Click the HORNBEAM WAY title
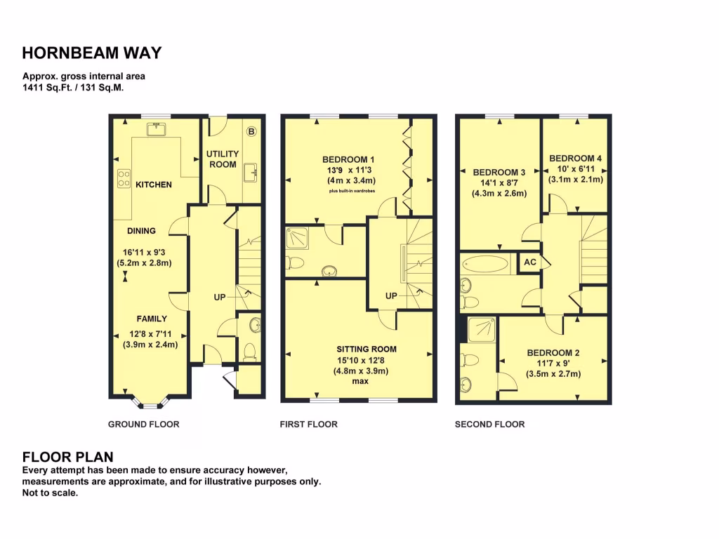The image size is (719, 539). pos(92,53)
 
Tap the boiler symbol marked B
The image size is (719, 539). pos(252,131)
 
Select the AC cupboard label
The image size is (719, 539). pos(529,262)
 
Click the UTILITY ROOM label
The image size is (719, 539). pos(223,159)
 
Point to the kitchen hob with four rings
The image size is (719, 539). pos(124,178)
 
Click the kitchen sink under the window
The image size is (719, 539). pos(155,128)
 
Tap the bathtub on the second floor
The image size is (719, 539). pos(485,265)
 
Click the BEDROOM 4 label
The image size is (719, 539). pos(575,158)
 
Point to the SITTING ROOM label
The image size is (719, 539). pos(366,349)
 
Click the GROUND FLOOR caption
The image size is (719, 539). pos(143,424)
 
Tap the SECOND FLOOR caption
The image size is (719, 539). pos(489,424)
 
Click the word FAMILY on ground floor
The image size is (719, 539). pos(152,319)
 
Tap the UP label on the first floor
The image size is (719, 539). pos(391,296)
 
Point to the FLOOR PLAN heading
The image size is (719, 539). pos(68,457)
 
